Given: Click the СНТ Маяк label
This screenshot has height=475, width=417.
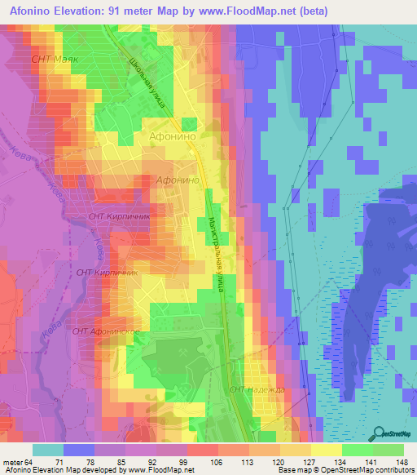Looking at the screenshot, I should coord(53,60).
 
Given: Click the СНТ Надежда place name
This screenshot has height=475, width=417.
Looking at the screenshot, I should coord(257,390).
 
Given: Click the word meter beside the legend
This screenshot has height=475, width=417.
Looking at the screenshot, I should coord(13,461).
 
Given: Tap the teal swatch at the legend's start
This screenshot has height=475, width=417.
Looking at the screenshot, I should coord(48,450).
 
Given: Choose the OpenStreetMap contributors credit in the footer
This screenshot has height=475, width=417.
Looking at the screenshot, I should coord(369,470).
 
